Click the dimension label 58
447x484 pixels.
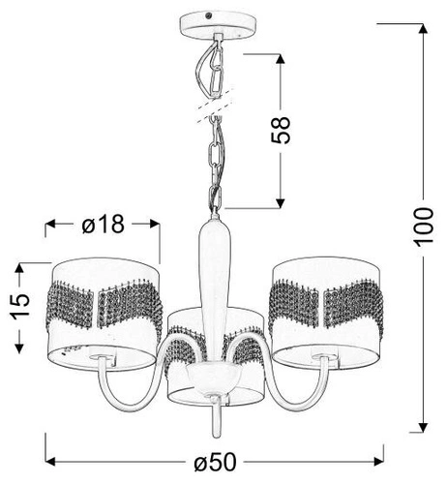click(x=282, y=130)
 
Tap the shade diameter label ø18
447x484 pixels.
click(x=104, y=226)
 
